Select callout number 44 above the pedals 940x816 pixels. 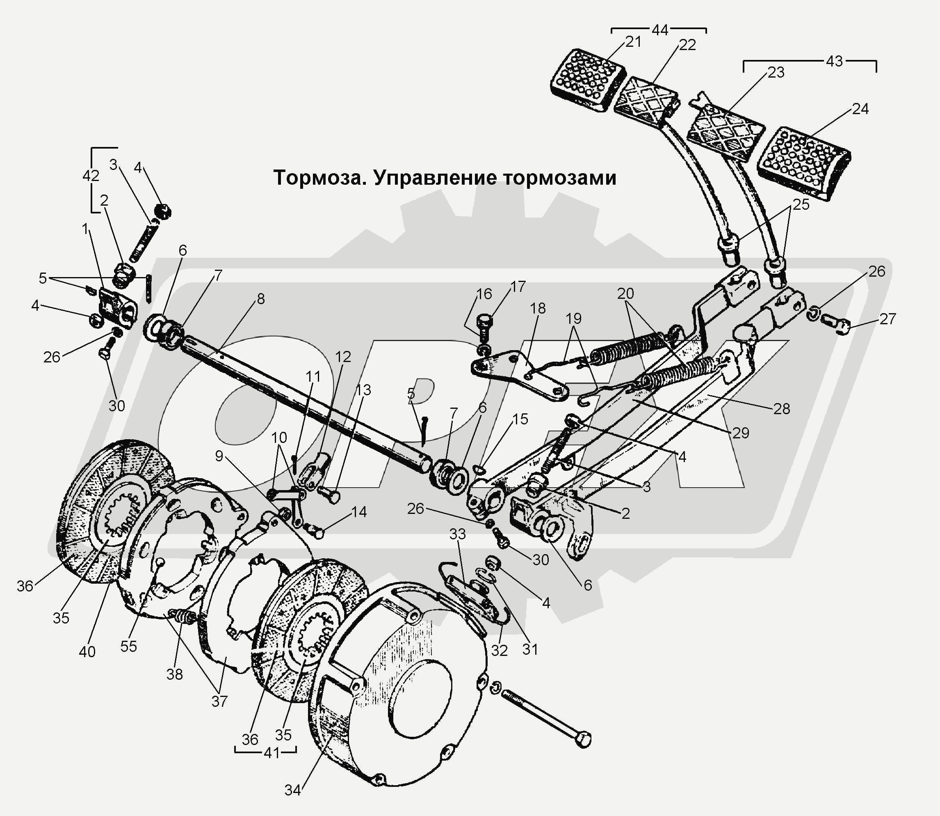click(x=660, y=30)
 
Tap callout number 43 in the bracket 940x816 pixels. click(x=835, y=61)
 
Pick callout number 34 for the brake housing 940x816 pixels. click(x=292, y=790)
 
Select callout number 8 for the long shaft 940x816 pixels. click(x=261, y=299)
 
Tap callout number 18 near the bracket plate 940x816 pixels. click(x=538, y=308)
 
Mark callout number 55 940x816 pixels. click(x=129, y=646)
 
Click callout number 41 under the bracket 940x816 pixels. click(x=272, y=753)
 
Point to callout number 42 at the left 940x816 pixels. click(x=91, y=176)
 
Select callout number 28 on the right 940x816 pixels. click(x=782, y=408)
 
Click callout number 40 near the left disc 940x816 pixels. click(x=87, y=652)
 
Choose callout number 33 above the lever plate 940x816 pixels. click(x=457, y=534)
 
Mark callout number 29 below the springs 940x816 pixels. click(x=741, y=432)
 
